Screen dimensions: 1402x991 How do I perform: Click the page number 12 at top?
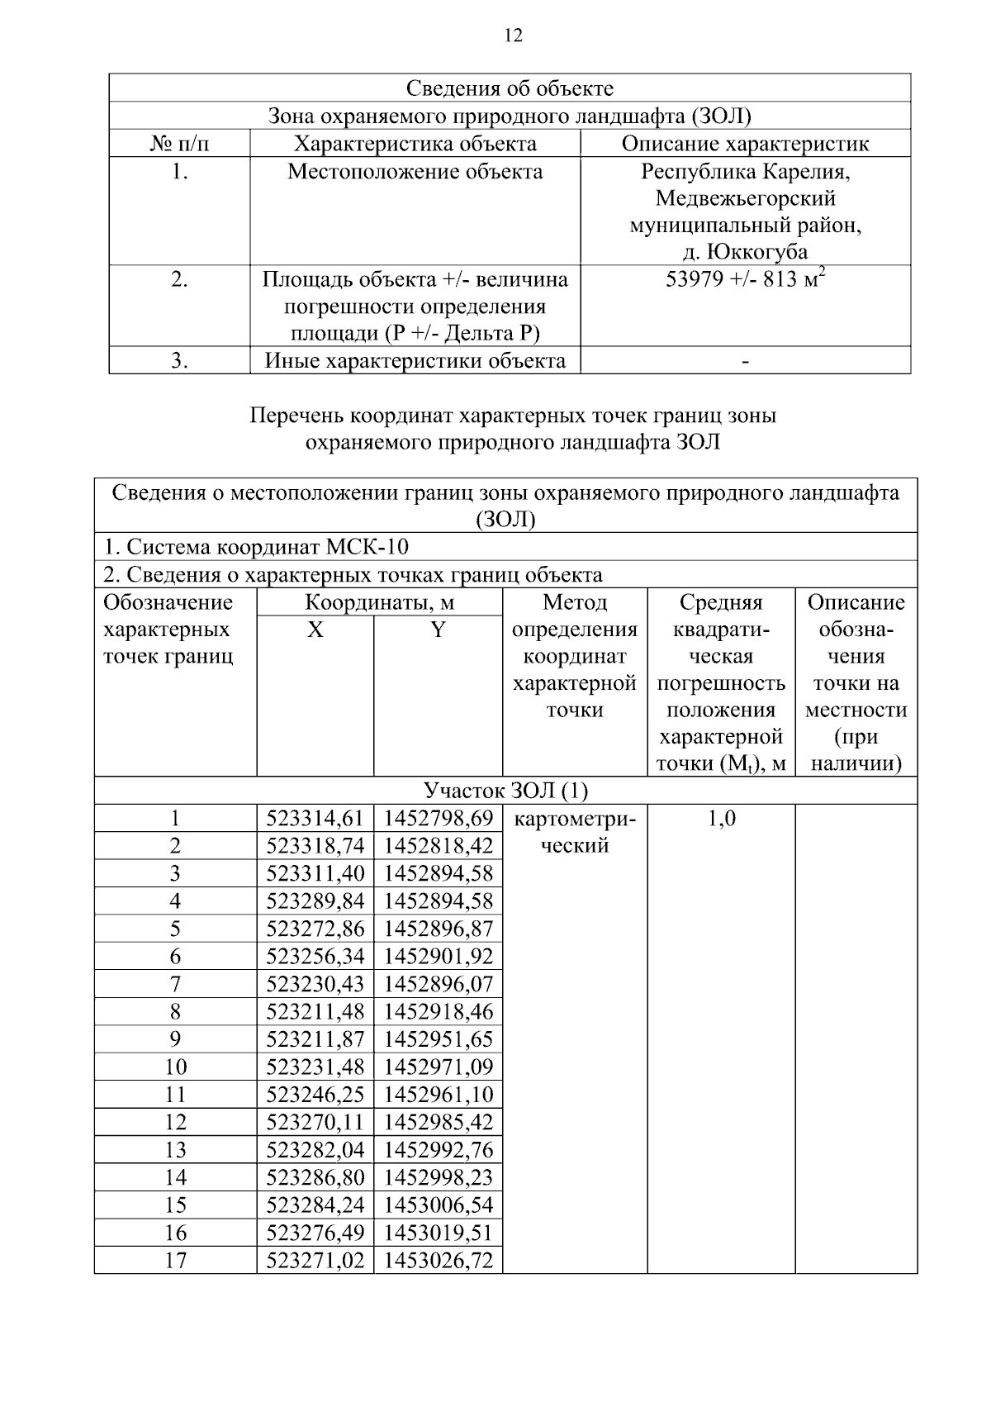tap(513, 35)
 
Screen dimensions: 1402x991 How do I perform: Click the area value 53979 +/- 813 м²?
tap(745, 279)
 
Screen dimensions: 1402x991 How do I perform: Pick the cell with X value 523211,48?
tap(315, 1011)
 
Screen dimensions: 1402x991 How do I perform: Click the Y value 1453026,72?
tap(438, 1260)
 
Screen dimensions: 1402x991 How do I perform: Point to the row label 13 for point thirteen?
tap(175, 1149)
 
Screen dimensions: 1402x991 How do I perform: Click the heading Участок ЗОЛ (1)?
tap(505, 791)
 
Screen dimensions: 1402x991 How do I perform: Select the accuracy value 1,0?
tap(721, 819)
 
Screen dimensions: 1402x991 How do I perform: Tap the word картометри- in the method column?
tap(575, 819)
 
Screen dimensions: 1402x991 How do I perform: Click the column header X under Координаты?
tap(315, 630)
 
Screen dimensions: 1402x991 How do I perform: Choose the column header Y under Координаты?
tap(438, 630)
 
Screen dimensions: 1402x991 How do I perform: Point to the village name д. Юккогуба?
tap(745, 251)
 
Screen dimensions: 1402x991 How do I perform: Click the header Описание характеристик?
tap(745, 144)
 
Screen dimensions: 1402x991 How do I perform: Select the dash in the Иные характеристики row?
tap(745, 361)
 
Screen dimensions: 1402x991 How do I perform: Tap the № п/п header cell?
tap(179, 144)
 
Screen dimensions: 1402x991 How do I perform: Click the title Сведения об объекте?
tap(510, 88)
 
